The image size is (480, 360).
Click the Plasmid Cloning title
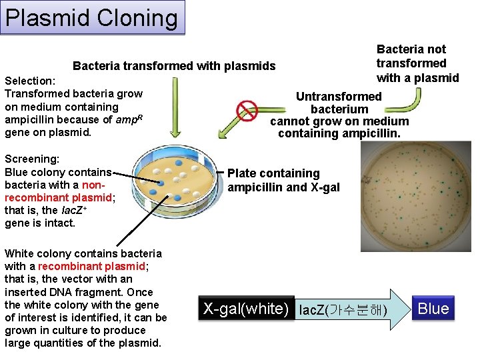[92, 17]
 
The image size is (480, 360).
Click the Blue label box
[433, 309]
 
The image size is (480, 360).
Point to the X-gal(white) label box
[246, 309]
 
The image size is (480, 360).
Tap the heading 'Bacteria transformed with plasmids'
[173, 65]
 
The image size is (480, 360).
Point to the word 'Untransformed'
[339, 97]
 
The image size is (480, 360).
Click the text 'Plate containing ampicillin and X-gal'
[283, 180]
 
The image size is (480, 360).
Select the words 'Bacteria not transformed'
[411, 56]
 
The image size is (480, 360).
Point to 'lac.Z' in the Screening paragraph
[65, 211]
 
